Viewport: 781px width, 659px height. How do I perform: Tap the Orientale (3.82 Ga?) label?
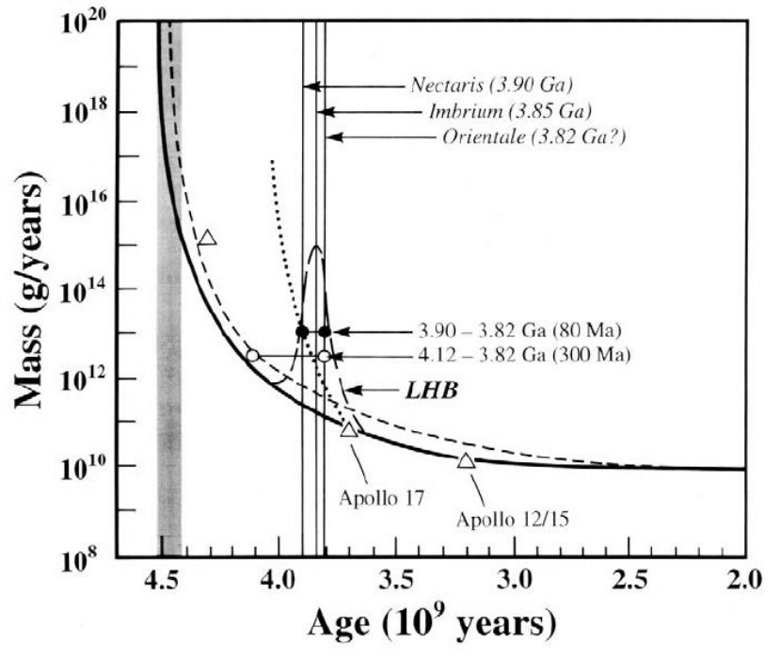534,137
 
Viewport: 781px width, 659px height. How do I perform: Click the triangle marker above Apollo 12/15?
467,459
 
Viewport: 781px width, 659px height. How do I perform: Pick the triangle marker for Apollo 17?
349,429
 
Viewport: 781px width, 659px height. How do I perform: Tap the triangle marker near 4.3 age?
208,237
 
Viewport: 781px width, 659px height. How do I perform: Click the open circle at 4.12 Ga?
252,355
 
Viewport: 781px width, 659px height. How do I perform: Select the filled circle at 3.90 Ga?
302,331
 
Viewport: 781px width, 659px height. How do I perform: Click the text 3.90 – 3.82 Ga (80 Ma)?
520,331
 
